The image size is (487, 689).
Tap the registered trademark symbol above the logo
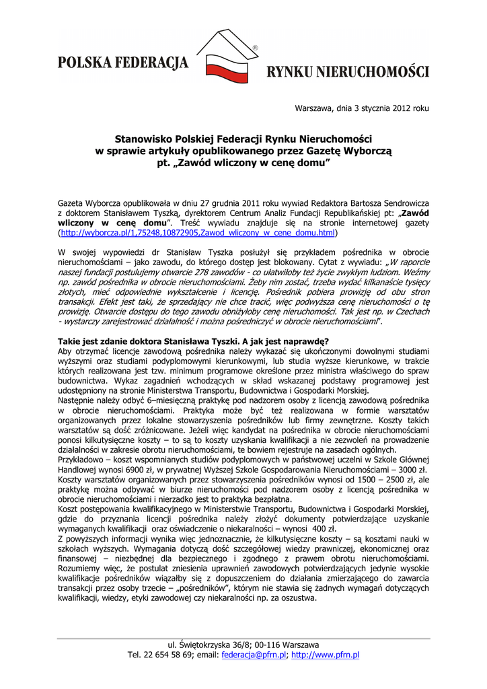click(x=255, y=48)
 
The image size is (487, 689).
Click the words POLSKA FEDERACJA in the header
click(x=122, y=64)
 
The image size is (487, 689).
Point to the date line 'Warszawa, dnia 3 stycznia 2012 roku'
click(x=362, y=108)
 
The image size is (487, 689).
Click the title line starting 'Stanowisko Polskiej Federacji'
click(x=243, y=139)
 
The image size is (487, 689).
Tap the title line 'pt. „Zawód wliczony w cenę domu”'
click(x=243, y=163)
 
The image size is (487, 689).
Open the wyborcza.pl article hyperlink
click(x=198, y=232)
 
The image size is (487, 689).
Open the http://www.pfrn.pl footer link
click(x=326, y=655)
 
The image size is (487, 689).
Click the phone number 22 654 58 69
click(x=167, y=655)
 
